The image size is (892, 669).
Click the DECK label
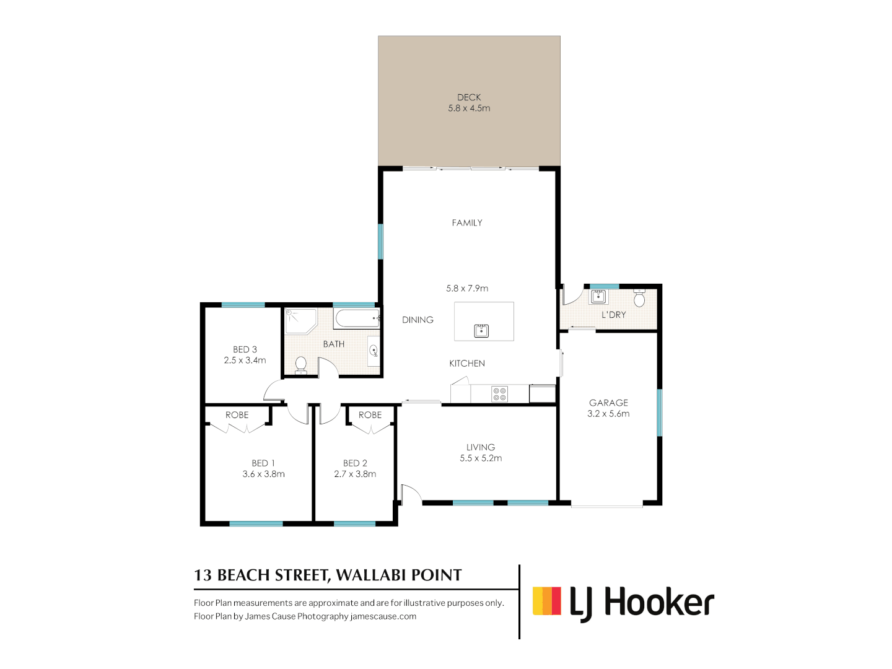469,97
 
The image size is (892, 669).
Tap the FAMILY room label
467,223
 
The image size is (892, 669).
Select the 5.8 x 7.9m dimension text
467,288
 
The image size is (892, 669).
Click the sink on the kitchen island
481,330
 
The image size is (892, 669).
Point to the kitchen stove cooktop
499,394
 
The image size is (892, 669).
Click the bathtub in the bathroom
356,319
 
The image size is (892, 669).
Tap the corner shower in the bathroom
300,321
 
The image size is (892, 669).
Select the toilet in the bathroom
301,364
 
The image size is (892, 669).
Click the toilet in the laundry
640,299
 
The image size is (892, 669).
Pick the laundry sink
598,297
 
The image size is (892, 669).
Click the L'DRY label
614,315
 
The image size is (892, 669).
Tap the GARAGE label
608,403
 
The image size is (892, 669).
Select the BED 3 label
245,349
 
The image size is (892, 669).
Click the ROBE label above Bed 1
237,415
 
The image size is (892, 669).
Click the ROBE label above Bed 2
370,415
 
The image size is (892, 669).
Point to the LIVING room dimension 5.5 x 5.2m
481,458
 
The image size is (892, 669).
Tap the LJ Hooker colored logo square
547,601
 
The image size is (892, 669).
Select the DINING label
418,320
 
